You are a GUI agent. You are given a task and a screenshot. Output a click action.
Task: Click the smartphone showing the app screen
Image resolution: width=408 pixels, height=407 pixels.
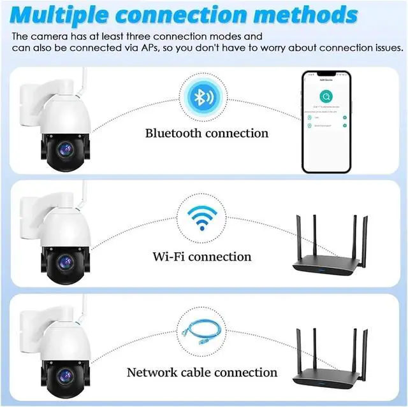326,122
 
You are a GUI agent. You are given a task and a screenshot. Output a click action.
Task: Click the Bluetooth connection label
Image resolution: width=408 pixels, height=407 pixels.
207,133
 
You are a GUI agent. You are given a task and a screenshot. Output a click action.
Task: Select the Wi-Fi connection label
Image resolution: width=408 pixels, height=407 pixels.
202,257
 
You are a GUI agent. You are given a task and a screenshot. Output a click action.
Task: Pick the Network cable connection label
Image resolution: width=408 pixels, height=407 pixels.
202,372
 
